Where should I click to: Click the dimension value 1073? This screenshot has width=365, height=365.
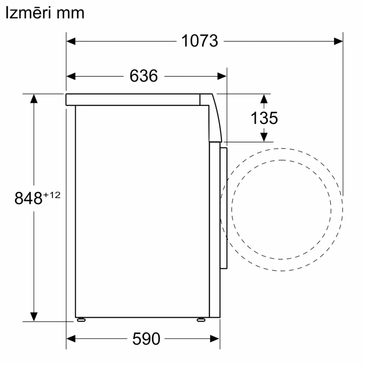click(200, 41)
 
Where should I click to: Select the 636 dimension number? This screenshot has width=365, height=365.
click(143, 76)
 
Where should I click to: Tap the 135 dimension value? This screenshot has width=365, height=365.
click(264, 118)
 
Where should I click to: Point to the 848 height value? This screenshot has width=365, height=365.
click(28, 198)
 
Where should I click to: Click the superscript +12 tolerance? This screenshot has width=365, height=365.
click(52, 195)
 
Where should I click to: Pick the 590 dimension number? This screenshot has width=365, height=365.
click(146, 339)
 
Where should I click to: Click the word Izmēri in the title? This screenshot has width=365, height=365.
click(29, 13)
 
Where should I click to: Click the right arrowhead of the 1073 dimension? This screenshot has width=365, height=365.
click(338, 41)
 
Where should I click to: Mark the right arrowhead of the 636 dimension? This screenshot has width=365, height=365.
click(222, 76)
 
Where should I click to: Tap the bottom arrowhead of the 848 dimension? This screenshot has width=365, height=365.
click(34, 316)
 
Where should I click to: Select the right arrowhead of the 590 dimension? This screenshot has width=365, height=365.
click(215, 339)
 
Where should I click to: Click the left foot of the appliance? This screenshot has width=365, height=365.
click(81, 320)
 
